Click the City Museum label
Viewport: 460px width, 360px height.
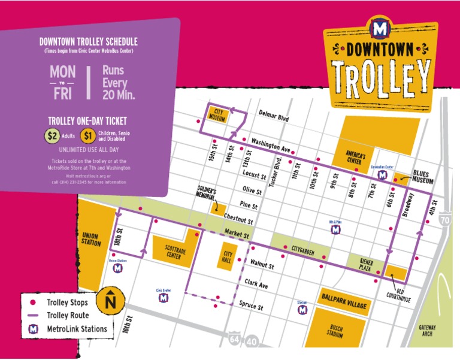[x=219, y=115]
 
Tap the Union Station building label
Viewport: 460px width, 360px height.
[x=91, y=238]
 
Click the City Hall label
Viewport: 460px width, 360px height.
[x=227, y=256]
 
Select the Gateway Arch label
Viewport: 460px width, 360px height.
[x=427, y=331]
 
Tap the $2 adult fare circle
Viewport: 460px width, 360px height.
[x=52, y=135]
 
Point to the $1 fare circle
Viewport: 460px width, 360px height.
[x=87, y=135]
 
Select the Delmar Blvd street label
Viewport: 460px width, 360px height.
[x=273, y=115]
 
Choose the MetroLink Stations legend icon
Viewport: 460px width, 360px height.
[x=34, y=328]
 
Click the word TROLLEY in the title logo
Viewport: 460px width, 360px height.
[x=383, y=75]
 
